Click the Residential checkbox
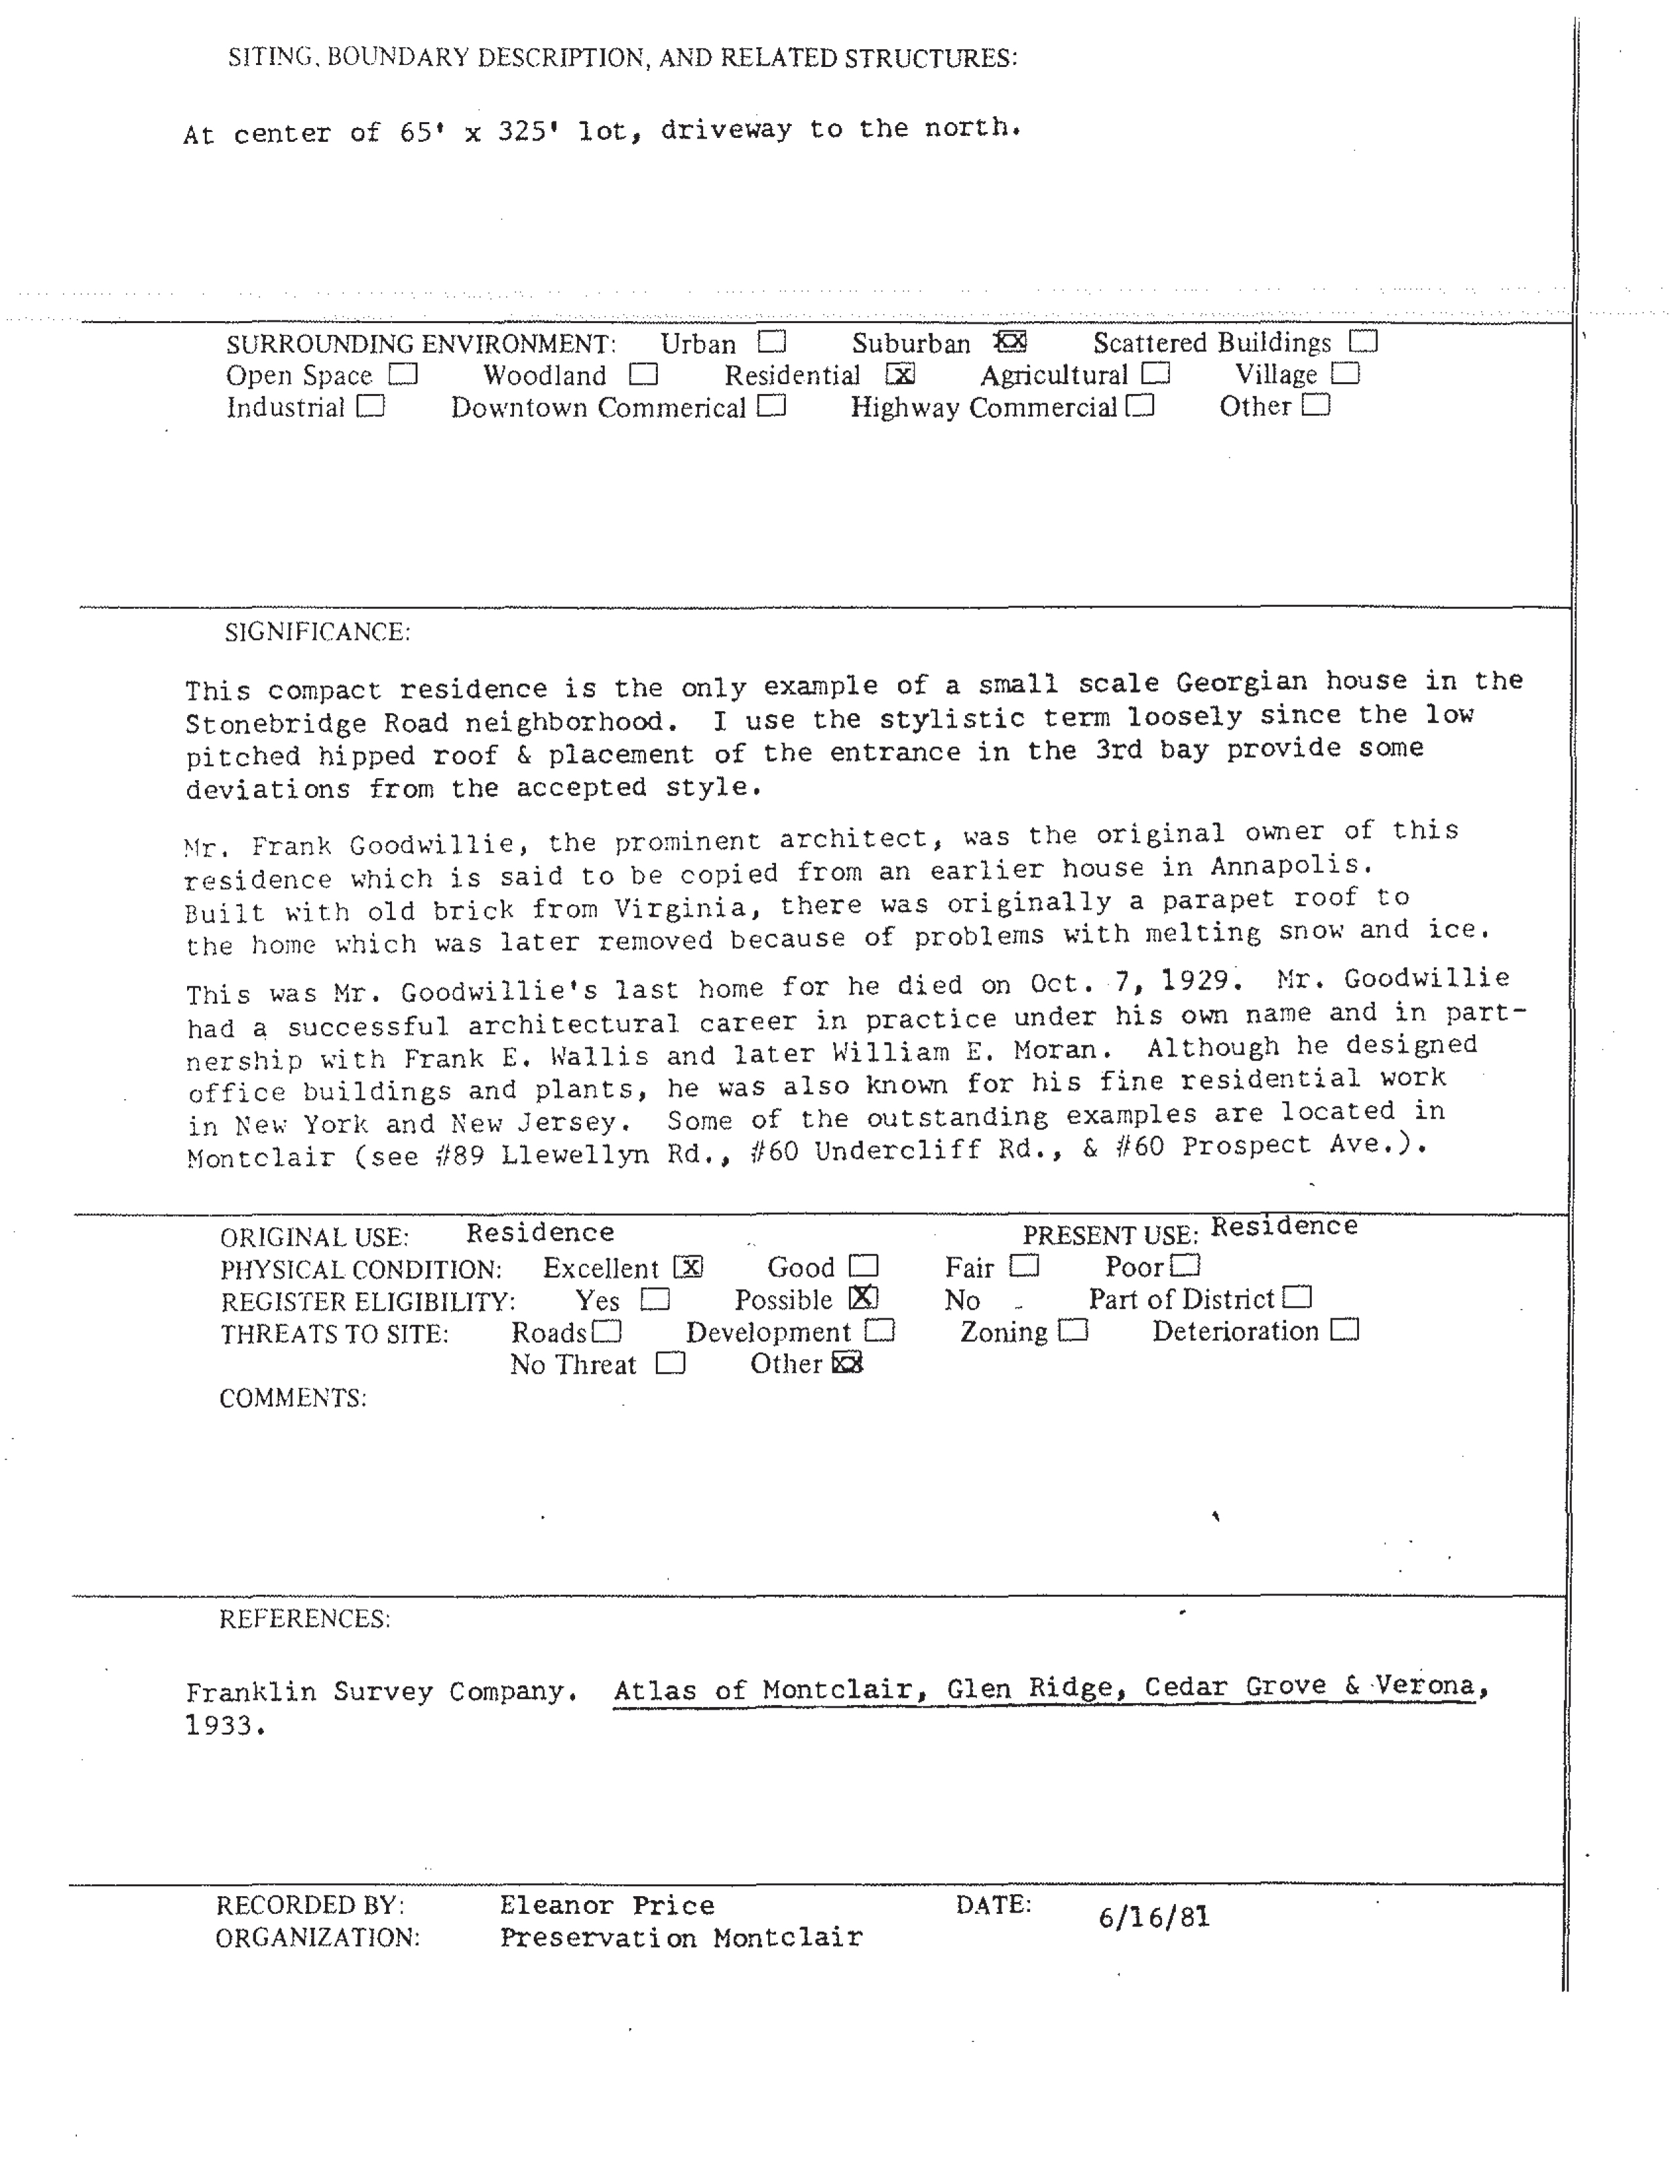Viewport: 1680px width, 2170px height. (x=900, y=375)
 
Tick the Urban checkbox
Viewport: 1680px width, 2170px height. (x=771, y=343)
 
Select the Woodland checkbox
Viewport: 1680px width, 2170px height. (x=644, y=375)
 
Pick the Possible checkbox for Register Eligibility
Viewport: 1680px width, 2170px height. (x=863, y=1297)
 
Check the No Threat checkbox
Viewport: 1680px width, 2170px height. (x=670, y=1363)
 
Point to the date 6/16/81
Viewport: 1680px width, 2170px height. (x=1153, y=1918)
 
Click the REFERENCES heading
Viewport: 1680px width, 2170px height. (x=304, y=1620)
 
